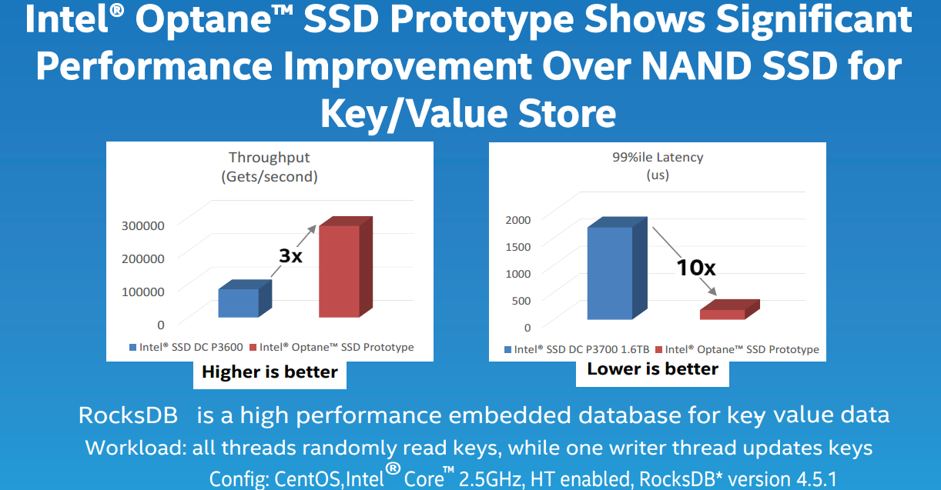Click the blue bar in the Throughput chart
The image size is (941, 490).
pyautogui.click(x=245, y=298)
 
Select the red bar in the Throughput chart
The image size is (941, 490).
pyautogui.click(x=345, y=267)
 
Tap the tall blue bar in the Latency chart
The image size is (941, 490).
pyautogui.click(x=617, y=268)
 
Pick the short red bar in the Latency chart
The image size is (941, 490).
pyautogui.click(x=730, y=309)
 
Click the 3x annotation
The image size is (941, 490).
pyautogui.click(x=291, y=255)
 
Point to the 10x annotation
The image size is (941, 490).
pyautogui.click(x=696, y=267)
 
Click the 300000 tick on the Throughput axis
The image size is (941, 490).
pyautogui.click(x=142, y=225)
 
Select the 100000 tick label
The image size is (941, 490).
pyautogui.click(x=142, y=292)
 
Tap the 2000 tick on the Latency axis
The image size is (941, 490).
pyautogui.click(x=518, y=220)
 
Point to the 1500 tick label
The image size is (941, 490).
pyautogui.click(x=518, y=247)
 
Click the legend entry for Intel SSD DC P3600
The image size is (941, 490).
pyautogui.click(x=186, y=347)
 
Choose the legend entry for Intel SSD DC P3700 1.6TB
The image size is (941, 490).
pyautogui.click(x=577, y=349)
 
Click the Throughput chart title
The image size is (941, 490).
pyautogui.click(x=270, y=167)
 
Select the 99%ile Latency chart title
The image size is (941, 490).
pyautogui.click(x=658, y=165)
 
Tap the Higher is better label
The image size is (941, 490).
pyautogui.click(x=270, y=372)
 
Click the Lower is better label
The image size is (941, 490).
pyautogui.click(x=652, y=368)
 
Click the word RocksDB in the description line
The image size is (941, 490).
pyautogui.click(x=128, y=415)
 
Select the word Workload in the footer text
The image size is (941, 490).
pyautogui.click(x=136, y=448)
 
